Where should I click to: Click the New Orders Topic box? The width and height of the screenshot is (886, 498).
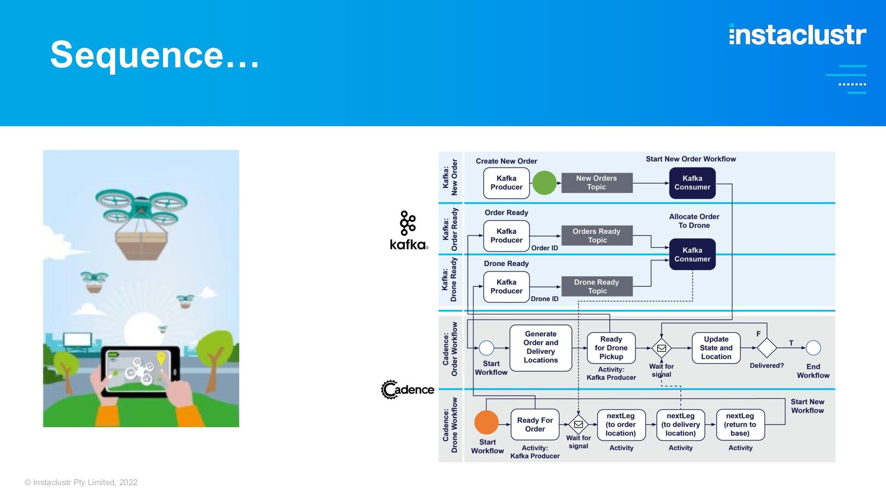(597, 183)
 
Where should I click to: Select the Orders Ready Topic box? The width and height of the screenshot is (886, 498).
(597, 236)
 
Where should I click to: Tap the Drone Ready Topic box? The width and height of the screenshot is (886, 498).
(597, 286)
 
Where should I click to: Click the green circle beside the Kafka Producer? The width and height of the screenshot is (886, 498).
(545, 183)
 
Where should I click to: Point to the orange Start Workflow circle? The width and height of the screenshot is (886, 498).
(486, 422)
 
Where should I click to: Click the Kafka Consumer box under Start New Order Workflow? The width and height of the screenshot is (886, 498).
(692, 183)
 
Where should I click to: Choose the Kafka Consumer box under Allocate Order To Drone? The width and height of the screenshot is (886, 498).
(692, 255)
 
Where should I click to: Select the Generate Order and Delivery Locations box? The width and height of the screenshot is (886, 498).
(541, 348)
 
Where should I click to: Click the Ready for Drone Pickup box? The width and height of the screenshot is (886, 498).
(611, 348)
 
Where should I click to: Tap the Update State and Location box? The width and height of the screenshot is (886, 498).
(716, 348)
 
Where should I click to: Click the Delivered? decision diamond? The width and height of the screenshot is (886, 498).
(767, 348)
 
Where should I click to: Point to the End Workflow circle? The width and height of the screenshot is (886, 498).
(813, 348)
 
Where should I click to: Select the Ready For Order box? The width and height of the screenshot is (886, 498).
(535, 425)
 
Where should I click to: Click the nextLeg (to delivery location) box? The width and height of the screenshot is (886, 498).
(681, 425)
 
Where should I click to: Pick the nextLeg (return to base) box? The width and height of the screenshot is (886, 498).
(740, 425)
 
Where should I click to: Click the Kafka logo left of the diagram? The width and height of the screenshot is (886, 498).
(409, 231)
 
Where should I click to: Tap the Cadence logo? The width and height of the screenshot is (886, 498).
(407, 390)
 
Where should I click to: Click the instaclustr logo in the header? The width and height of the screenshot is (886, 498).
(797, 35)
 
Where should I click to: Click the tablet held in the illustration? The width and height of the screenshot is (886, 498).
(141, 372)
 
